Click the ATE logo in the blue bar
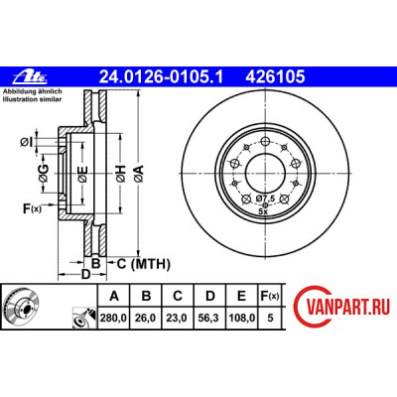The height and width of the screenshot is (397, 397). pos(30,77)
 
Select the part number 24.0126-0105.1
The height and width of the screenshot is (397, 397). pos(162,77)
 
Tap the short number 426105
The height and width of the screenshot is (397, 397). pos(275,77)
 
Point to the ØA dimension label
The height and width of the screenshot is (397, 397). pos(139,174)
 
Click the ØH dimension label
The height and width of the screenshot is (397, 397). pos(121,174)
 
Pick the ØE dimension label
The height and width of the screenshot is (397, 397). pos(82,175)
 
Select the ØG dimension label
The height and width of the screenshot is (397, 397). pos(44,173)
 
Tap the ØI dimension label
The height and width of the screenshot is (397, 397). pos(27,143)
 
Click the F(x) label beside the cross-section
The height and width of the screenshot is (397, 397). pos(32,208)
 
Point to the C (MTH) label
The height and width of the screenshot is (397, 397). pos(144,264)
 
